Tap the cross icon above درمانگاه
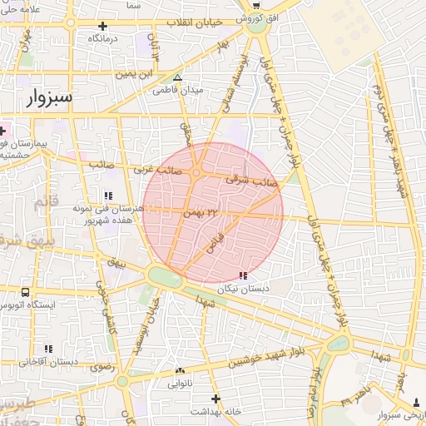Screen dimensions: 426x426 102,26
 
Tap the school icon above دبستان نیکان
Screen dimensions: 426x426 242,275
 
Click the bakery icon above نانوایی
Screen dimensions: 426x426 180,371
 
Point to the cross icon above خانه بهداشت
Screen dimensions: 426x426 215,399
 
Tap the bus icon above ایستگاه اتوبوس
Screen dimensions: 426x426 25,292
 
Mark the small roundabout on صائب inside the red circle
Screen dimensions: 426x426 196,173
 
